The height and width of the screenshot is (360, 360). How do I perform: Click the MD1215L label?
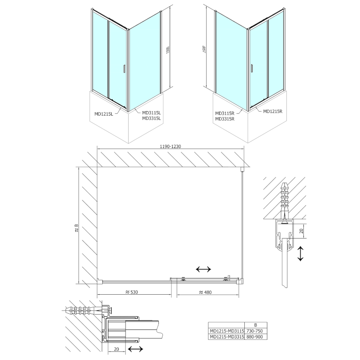point(104,114)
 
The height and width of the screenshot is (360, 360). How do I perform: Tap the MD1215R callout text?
point(273,111)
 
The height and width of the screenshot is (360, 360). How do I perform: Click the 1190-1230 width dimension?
point(171,146)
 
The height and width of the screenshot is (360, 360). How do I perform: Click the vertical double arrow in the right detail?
point(301,253)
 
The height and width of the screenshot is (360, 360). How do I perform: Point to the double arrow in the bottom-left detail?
point(135,349)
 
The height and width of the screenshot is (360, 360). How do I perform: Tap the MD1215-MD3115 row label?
point(227,331)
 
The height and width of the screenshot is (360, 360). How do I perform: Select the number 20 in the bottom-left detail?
point(116,349)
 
